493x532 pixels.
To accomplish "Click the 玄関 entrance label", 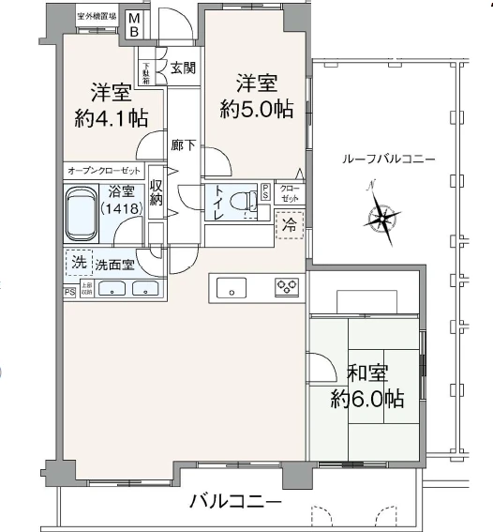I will (182, 68).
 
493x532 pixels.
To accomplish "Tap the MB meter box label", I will (134, 25).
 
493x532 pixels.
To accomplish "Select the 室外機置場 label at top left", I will (97, 16).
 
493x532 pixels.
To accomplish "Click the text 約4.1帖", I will (110, 119).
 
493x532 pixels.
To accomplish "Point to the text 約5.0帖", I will (256, 109).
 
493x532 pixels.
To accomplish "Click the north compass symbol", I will (381, 219).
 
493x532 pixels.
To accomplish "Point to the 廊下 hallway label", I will (183, 145).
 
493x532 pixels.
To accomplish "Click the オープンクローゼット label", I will (103, 171).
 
